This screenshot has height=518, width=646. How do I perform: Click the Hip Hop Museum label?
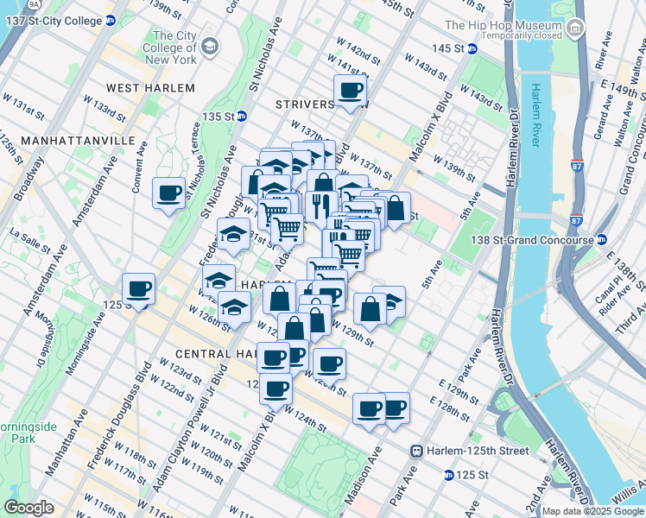(503, 26)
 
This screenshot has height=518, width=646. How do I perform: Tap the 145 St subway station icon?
(472, 49)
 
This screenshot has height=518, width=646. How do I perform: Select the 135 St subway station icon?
(243, 116)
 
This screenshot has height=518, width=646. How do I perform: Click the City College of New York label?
(169, 47)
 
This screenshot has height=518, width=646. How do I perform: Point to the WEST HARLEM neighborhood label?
(143, 88)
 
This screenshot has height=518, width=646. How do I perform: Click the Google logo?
(28, 508)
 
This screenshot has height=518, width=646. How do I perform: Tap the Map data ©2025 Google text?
(592, 511)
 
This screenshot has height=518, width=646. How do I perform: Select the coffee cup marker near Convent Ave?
(169, 193)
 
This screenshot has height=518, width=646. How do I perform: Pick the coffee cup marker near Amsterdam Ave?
(138, 289)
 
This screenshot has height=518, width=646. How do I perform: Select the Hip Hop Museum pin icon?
(575, 28)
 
